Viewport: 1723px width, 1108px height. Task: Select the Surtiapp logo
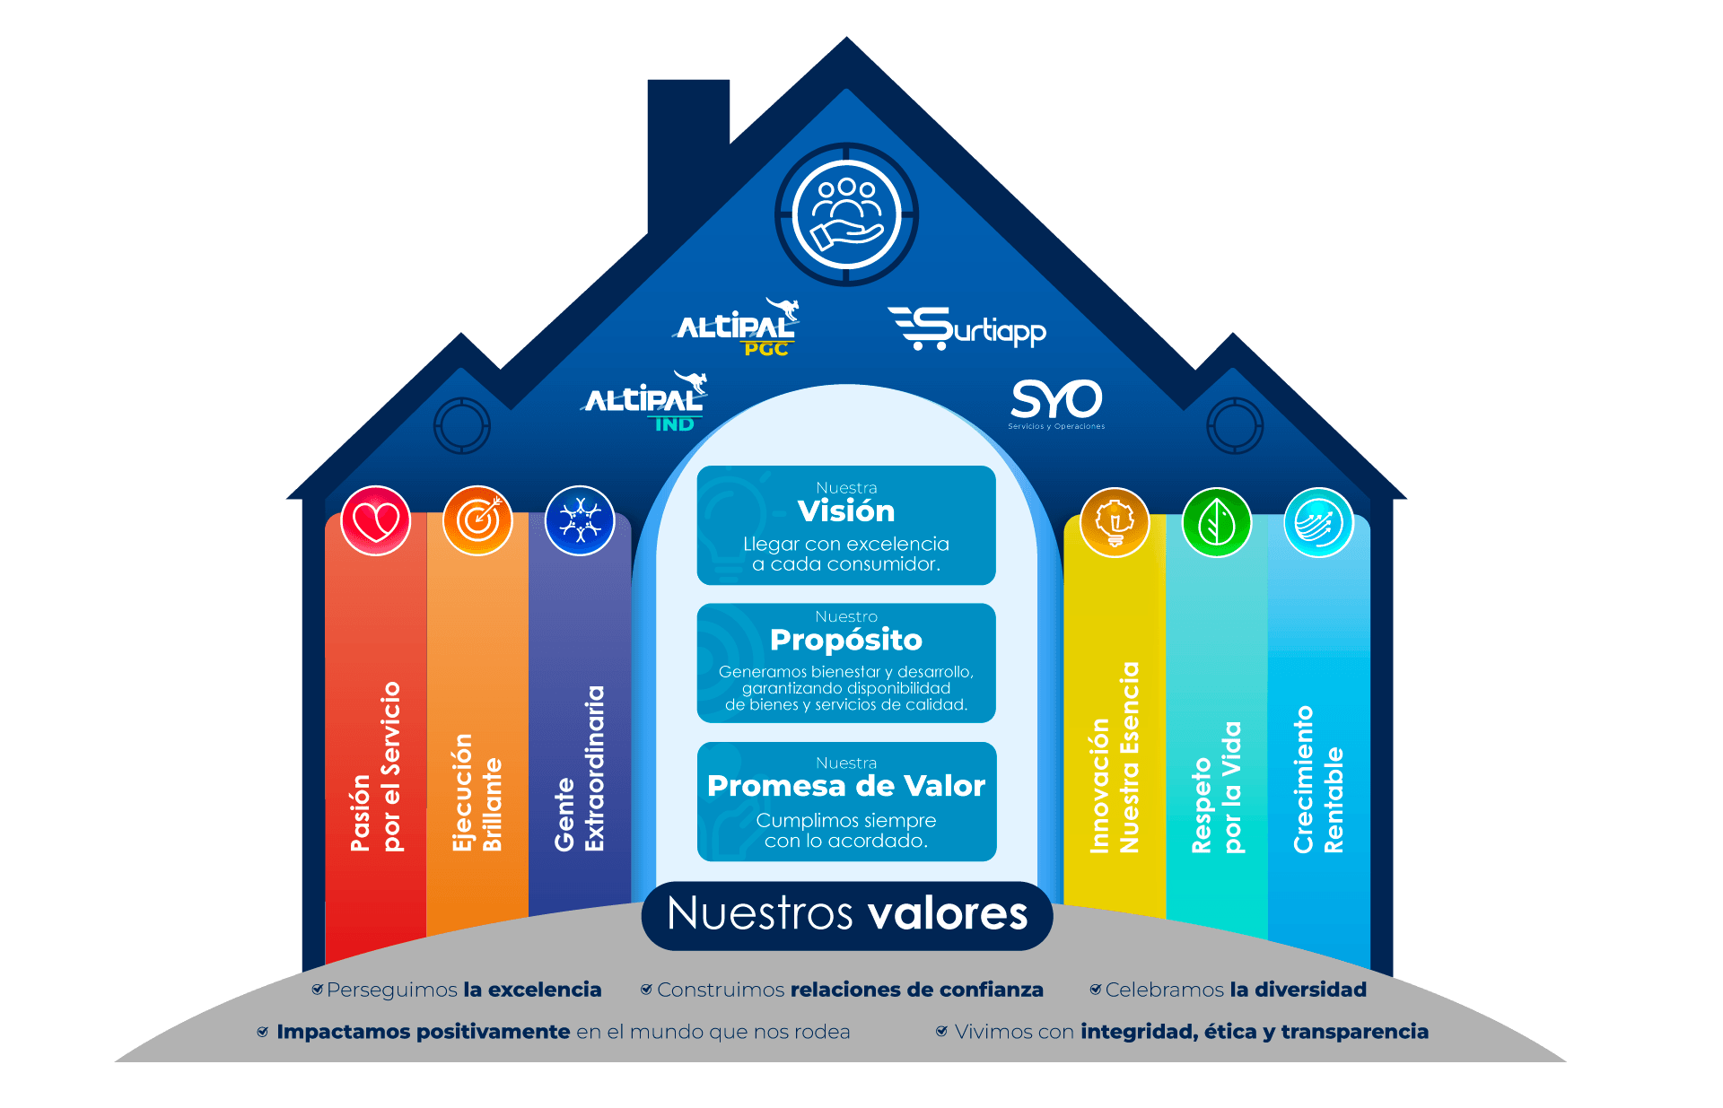[967, 328]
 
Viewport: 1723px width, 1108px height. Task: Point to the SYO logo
[1056, 401]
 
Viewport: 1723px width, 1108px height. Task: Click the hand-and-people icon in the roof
[846, 214]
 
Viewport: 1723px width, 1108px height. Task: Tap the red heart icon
[376, 520]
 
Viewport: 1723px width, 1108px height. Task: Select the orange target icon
[477, 520]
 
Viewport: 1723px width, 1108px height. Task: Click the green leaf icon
[1216, 522]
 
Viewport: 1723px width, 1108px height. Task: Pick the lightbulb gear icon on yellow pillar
[1115, 522]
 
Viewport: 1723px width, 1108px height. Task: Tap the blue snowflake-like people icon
[580, 520]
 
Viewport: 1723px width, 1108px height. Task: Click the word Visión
[846, 511]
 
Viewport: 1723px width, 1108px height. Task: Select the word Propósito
[846, 640]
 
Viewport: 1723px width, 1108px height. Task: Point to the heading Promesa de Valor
[846, 786]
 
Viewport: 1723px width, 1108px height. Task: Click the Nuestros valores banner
[847, 914]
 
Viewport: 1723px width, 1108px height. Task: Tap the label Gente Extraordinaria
[580, 768]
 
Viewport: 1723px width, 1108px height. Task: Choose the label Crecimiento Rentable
[1318, 779]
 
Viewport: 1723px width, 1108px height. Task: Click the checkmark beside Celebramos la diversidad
[1096, 990]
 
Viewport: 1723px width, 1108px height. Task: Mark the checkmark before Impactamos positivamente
[263, 1032]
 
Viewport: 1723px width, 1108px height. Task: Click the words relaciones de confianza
[916, 990]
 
